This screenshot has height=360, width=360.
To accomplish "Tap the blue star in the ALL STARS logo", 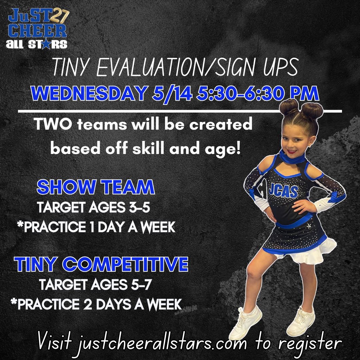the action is [46, 44].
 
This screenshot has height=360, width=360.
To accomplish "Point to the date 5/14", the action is [172, 94].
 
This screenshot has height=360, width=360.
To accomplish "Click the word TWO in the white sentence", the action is [53, 124].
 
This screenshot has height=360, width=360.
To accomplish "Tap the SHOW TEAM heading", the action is [96, 187].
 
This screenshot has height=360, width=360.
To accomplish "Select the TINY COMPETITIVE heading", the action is [101, 264].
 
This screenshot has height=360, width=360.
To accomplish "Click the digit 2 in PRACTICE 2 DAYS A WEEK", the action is [87, 304].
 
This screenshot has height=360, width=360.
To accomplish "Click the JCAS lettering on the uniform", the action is [283, 190].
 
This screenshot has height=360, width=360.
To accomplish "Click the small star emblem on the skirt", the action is [309, 226].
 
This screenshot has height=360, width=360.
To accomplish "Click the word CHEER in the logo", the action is [38, 31].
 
